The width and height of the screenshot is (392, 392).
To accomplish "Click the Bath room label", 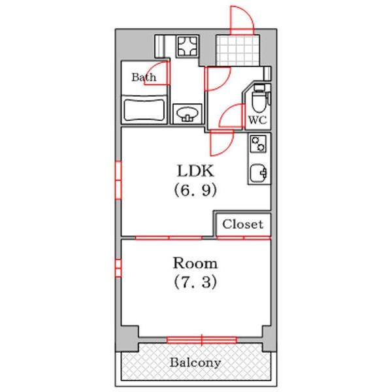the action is click(144, 77).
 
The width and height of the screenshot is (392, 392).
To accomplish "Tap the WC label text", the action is click(257, 120).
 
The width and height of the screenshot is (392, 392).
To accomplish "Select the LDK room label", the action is click(195, 171).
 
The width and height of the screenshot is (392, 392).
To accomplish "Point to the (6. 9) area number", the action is click(195, 191).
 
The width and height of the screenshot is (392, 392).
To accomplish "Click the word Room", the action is click(195, 263).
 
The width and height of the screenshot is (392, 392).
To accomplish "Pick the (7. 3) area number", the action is click(195, 282).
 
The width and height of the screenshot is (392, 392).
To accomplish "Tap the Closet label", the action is click(243, 224).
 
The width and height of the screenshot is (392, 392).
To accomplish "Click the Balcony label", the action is click(195, 363).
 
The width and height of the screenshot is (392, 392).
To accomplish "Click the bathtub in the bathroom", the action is click(144, 110).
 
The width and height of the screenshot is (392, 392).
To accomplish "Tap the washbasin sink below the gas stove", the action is click(188, 114).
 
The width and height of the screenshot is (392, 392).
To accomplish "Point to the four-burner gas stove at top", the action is click(188, 46).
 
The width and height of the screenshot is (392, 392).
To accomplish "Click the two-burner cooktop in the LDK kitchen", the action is click(258, 144).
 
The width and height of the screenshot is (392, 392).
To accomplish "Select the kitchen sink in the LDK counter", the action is click(259, 172).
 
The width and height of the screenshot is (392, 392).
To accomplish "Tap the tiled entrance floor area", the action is click(238, 50).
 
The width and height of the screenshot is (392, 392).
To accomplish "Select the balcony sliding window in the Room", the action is click(202, 340).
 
